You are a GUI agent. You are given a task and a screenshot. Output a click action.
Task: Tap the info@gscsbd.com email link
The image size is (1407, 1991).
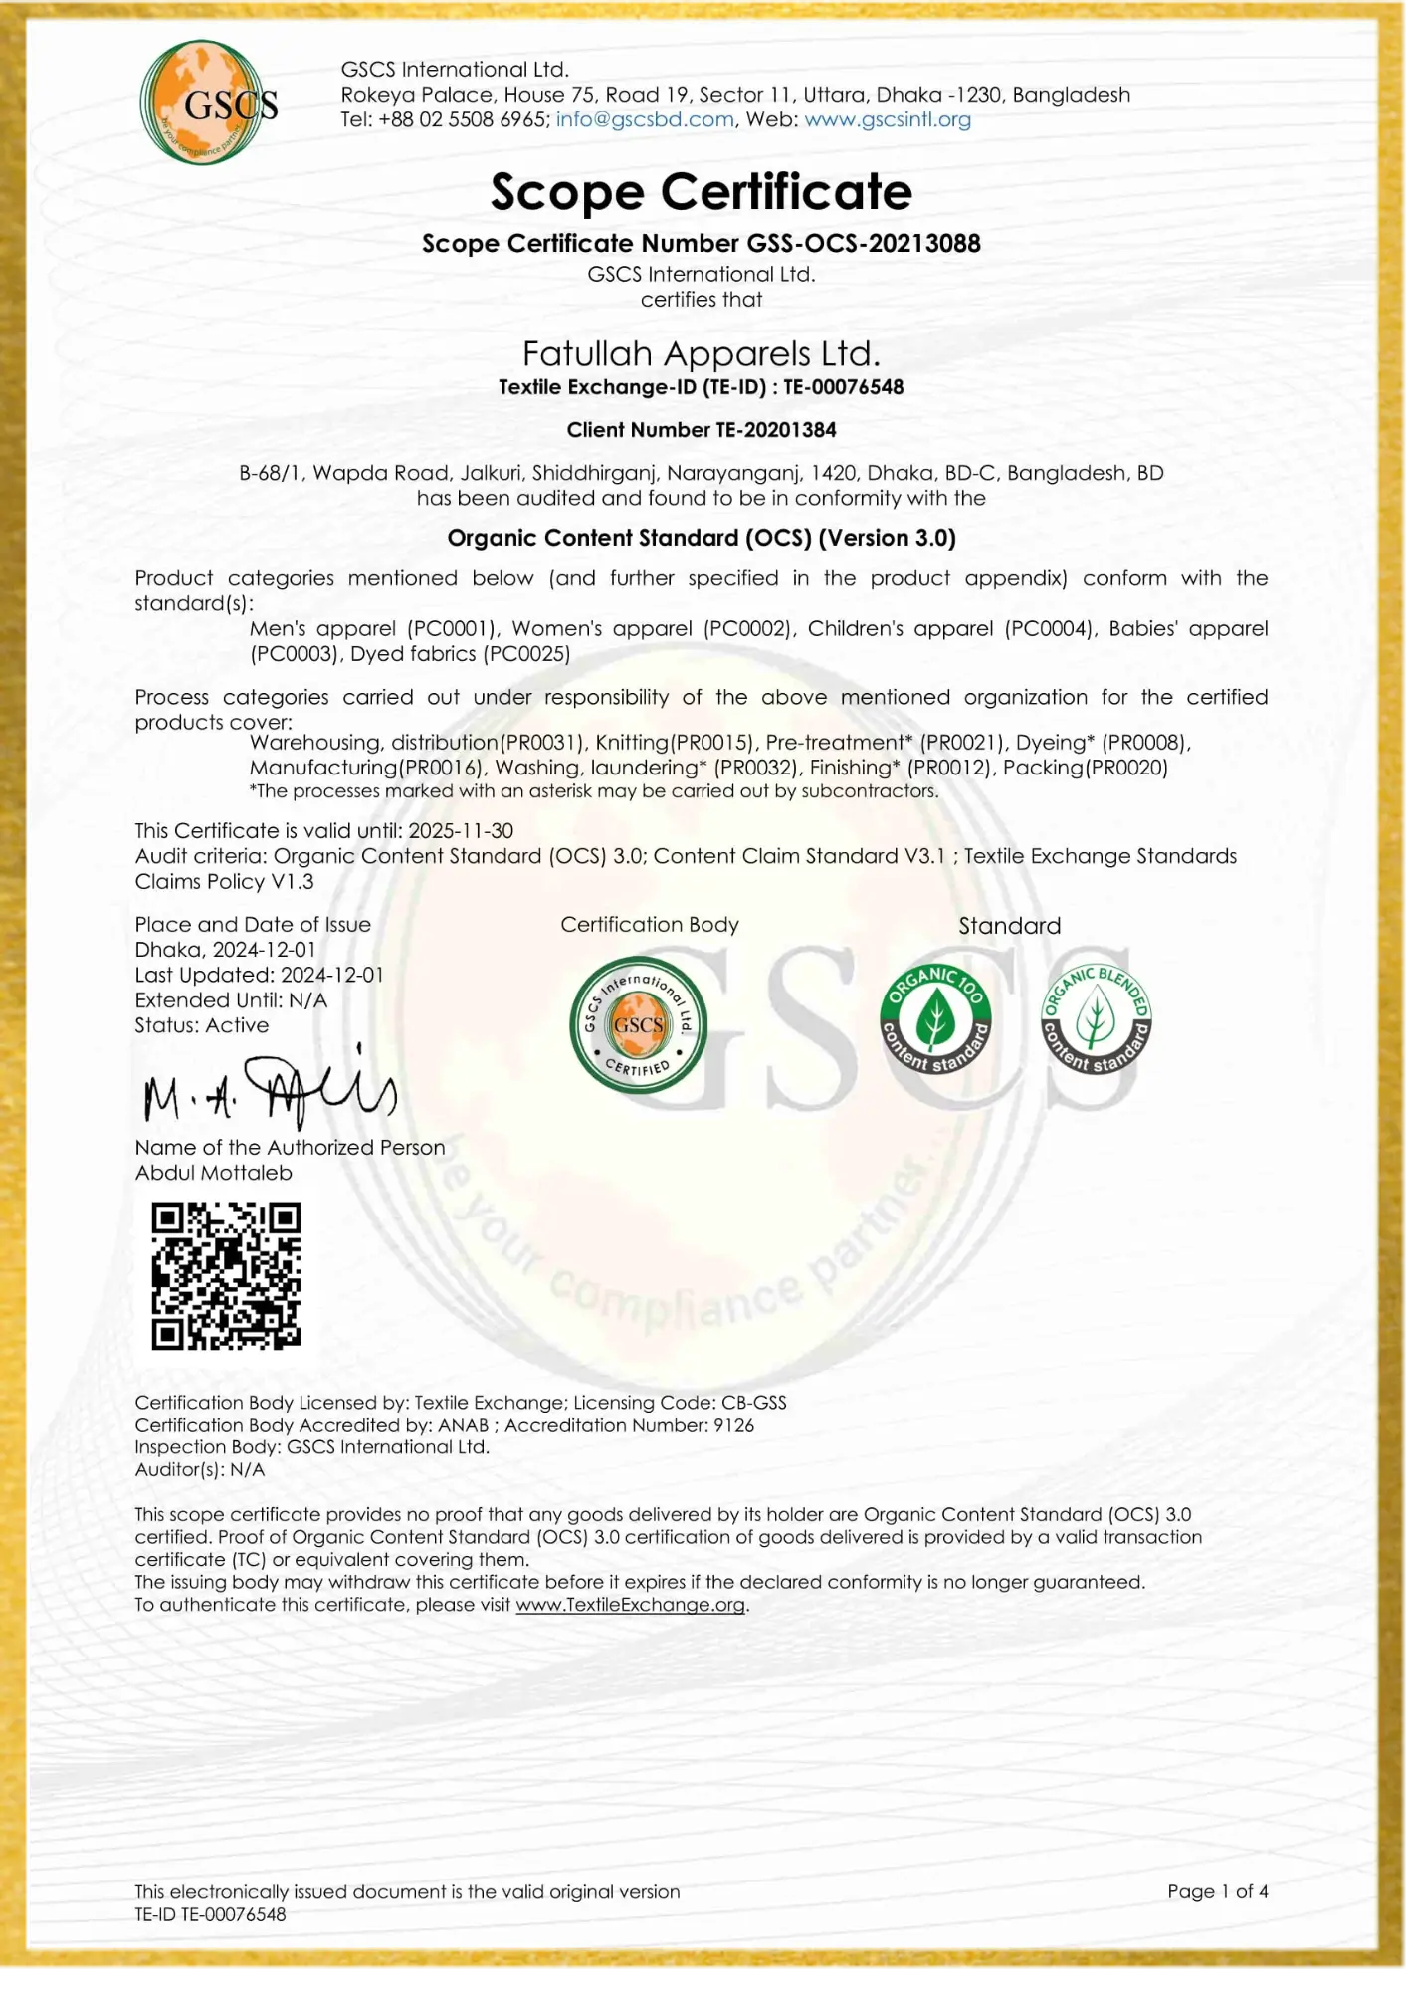coord(644,120)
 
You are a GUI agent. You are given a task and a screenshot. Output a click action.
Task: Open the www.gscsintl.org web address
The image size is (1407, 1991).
coord(887,120)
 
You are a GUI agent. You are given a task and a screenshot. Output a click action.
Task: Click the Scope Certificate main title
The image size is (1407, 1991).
coord(701,192)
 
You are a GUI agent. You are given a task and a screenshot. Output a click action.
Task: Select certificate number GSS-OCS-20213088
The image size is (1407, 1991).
coord(860,244)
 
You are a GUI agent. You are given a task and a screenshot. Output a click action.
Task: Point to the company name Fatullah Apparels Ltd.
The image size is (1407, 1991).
coord(701,354)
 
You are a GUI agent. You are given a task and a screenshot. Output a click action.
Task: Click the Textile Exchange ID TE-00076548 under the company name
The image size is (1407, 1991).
coord(843,388)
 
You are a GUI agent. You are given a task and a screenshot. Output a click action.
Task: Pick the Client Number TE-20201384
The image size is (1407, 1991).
coord(775,430)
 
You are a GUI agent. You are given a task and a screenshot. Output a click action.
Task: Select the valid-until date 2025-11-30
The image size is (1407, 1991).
coord(461,831)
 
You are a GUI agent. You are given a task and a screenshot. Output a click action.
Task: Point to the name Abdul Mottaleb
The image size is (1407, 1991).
coord(214,1173)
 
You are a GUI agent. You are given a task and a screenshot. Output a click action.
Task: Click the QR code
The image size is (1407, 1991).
coord(226,1275)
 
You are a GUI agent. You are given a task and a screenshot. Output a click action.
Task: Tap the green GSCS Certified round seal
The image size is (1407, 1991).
coord(638,1024)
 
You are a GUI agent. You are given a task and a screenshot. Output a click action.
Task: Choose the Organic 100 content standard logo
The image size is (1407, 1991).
coord(935,1019)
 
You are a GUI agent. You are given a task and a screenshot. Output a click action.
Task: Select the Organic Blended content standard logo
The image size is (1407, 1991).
coord(1095,1019)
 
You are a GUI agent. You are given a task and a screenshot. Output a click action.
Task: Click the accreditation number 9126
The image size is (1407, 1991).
coord(733,1425)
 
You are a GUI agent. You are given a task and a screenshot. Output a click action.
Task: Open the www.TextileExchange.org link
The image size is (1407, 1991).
coord(630,1605)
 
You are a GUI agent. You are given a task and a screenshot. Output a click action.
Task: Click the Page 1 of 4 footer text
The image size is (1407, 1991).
coord(1217,1891)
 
